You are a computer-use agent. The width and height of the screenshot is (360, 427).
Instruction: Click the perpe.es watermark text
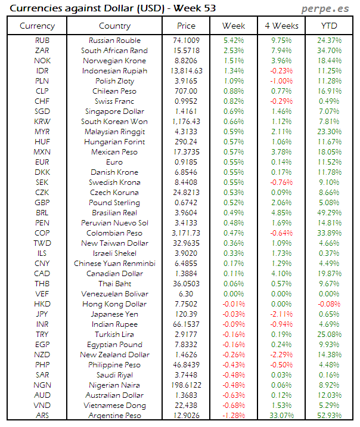(x=325, y=8)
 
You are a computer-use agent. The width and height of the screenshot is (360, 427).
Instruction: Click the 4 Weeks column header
(x=281, y=26)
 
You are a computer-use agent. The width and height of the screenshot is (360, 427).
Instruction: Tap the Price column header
(x=186, y=26)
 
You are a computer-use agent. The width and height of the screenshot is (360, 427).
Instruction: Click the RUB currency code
(x=42, y=41)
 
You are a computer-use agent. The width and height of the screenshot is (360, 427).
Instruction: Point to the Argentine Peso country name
(x=114, y=416)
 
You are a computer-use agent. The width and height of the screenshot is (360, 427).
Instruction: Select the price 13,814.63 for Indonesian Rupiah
(x=186, y=71)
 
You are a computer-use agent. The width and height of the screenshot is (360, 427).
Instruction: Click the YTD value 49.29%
(x=329, y=213)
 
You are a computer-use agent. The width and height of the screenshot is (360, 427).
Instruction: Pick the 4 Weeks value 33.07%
(x=281, y=416)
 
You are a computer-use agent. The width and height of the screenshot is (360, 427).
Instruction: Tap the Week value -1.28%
(x=234, y=416)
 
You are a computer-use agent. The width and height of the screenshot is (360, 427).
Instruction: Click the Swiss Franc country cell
(x=114, y=101)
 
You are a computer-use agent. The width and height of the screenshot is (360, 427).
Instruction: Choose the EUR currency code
(x=42, y=162)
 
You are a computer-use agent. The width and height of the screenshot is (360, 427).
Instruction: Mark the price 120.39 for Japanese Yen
(x=186, y=314)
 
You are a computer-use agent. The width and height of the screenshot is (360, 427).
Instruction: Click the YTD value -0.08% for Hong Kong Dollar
(x=329, y=304)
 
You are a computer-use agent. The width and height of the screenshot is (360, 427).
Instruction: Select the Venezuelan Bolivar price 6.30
(x=186, y=294)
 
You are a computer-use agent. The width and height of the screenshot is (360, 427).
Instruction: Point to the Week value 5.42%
(x=234, y=41)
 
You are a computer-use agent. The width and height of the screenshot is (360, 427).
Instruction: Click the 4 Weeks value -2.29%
(x=281, y=355)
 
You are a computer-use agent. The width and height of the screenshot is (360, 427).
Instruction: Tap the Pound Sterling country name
(x=114, y=203)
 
